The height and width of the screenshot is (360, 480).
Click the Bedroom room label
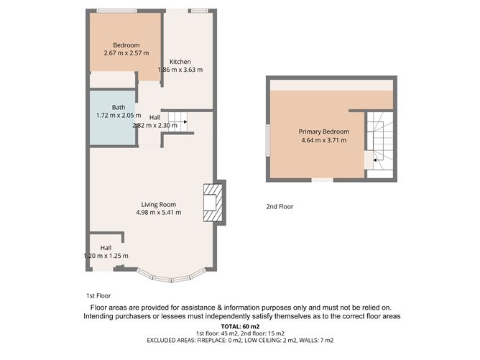(x=126, y=45)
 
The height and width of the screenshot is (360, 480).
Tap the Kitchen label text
(x=180, y=62)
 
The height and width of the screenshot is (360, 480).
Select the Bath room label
(x=119, y=108)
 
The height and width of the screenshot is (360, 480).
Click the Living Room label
(x=159, y=205)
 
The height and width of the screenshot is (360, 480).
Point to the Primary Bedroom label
(x=324, y=131)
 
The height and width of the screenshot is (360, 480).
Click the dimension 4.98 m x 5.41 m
(x=159, y=213)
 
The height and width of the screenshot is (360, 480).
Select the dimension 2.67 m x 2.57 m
(x=126, y=53)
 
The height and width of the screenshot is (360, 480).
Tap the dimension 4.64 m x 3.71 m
(x=324, y=141)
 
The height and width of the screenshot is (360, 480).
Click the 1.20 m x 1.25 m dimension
(x=106, y=256)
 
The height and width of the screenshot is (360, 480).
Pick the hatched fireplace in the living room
(x=213, y=203)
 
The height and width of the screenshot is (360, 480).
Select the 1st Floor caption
(x=98, y=296)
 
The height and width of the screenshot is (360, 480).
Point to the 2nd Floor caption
(x=280, y=207)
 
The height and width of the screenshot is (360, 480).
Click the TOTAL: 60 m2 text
(x=240, y=327)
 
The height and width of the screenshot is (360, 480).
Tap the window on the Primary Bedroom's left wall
(x=267, y=140)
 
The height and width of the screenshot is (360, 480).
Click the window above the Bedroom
(x=116, y=11)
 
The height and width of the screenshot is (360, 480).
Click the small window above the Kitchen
(x=200, y=11)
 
